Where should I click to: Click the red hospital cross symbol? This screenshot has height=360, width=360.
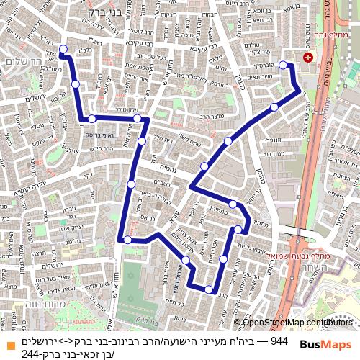(308, 57)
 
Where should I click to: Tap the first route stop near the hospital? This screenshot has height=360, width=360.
(282, 66)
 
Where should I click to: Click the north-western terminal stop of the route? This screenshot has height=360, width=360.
(63, 50)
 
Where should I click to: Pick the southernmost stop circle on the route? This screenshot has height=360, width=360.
(208, 289)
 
